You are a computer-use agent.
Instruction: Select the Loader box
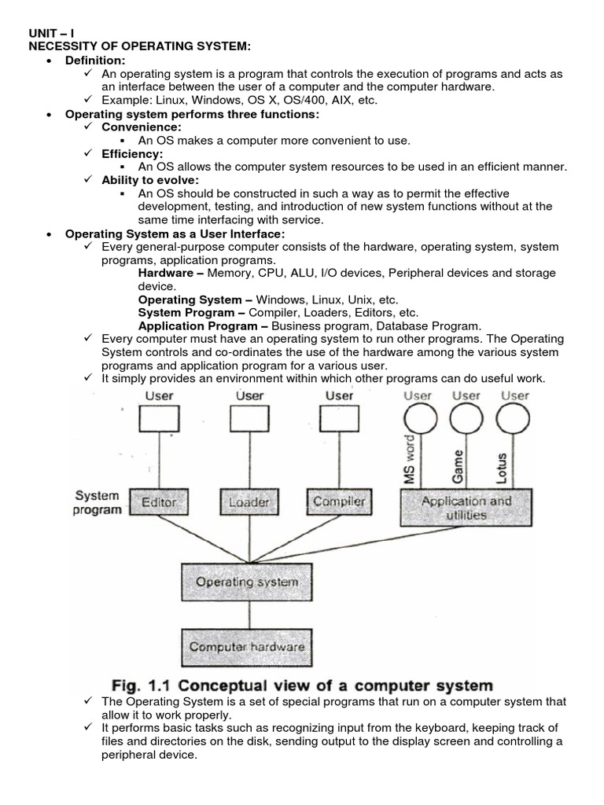249,502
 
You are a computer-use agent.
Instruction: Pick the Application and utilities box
466,508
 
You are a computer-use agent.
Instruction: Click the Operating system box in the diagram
247,583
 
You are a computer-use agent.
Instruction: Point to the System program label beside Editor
98,502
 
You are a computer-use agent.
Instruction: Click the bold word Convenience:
142,127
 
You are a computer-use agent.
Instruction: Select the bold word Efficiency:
133,154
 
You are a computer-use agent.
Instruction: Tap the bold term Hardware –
171,273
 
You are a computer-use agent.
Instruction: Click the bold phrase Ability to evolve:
151,180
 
